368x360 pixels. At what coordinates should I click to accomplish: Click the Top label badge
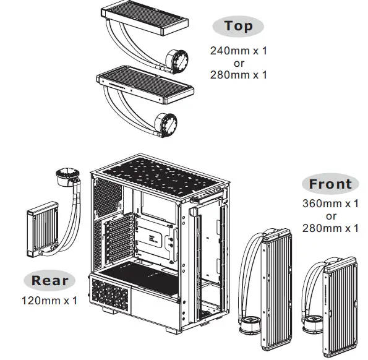click(238, 26)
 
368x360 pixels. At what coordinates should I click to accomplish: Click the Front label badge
click(330, 184)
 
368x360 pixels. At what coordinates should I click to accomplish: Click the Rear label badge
click(50, 280)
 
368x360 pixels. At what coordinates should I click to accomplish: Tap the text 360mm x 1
click(330, 204)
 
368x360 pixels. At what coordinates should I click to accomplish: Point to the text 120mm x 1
click(49, 301)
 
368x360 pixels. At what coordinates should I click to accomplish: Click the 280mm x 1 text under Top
click(239, 75)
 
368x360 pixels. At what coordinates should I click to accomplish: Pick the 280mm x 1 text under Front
click(330, 228)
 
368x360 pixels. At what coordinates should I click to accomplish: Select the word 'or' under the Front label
click(331, 216)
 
